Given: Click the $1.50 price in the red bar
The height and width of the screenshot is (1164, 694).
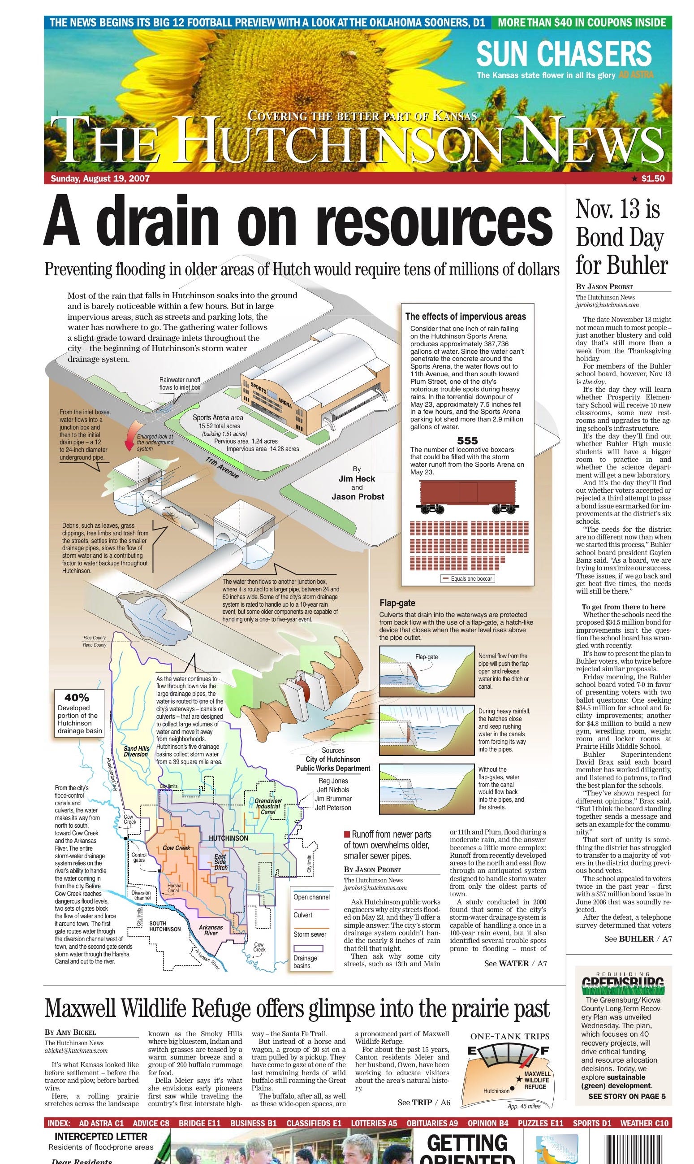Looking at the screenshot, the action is [652, 178].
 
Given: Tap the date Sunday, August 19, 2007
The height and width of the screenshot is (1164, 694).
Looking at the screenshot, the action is [100, 178].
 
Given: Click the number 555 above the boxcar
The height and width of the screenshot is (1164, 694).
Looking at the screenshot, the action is [467, 440].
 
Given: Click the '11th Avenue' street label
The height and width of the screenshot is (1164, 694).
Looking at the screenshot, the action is [222, 468].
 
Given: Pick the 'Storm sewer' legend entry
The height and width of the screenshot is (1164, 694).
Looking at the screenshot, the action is [310, 934].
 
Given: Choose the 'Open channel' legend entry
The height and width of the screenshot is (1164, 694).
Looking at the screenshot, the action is [311, 897].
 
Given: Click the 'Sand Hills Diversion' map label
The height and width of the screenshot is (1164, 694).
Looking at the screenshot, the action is [136, 751].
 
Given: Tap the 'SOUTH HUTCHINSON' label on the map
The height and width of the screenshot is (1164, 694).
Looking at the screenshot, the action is [164, 926].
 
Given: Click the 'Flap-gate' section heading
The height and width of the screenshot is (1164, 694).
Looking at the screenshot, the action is [397, 603].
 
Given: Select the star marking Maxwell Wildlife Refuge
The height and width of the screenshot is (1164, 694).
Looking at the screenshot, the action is [519, 1079].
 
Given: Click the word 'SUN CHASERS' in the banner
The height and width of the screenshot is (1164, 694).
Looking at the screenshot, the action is [564, 53].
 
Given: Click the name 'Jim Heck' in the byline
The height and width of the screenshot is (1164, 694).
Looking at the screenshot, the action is [357, 478].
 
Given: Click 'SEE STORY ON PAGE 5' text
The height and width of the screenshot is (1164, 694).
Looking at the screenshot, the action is [626, 1096].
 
